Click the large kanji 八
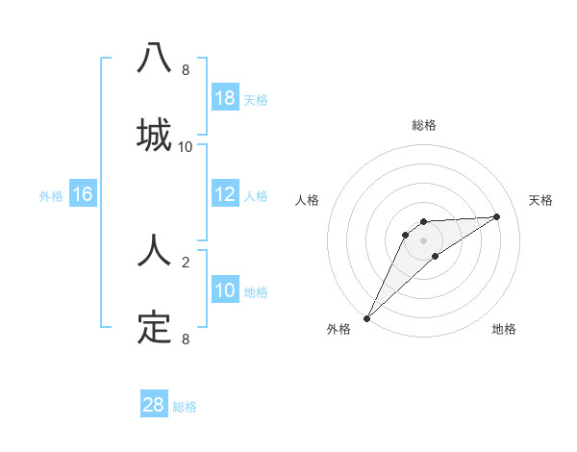coord(154,58)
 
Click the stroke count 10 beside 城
coord(186,147)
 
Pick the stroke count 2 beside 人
coord(186,261)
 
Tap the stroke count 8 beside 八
coord(186,70)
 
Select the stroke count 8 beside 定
coord(186,339)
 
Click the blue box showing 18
coord(225,98)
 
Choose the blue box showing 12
coord(225,194)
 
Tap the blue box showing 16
coord(83,194)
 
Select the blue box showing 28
coord(154,405)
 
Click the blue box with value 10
coord(225,290)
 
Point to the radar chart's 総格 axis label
coord(424,125)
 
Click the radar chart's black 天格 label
coord(541,200)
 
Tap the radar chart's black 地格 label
coord(504,329)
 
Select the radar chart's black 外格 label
coord(339,329)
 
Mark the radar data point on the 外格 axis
coord(367,317)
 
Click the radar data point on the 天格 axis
coord(497,216)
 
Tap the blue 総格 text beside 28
coord(185,407)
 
